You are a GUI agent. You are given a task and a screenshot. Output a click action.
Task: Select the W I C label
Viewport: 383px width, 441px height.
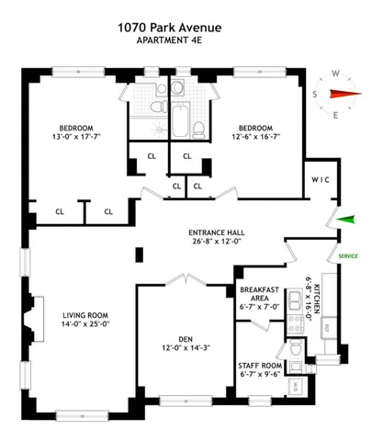pyautogui.click(x=321, y=179)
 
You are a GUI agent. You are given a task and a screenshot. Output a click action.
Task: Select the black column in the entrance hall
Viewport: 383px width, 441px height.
pyautogui.click(x=139, y=254)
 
